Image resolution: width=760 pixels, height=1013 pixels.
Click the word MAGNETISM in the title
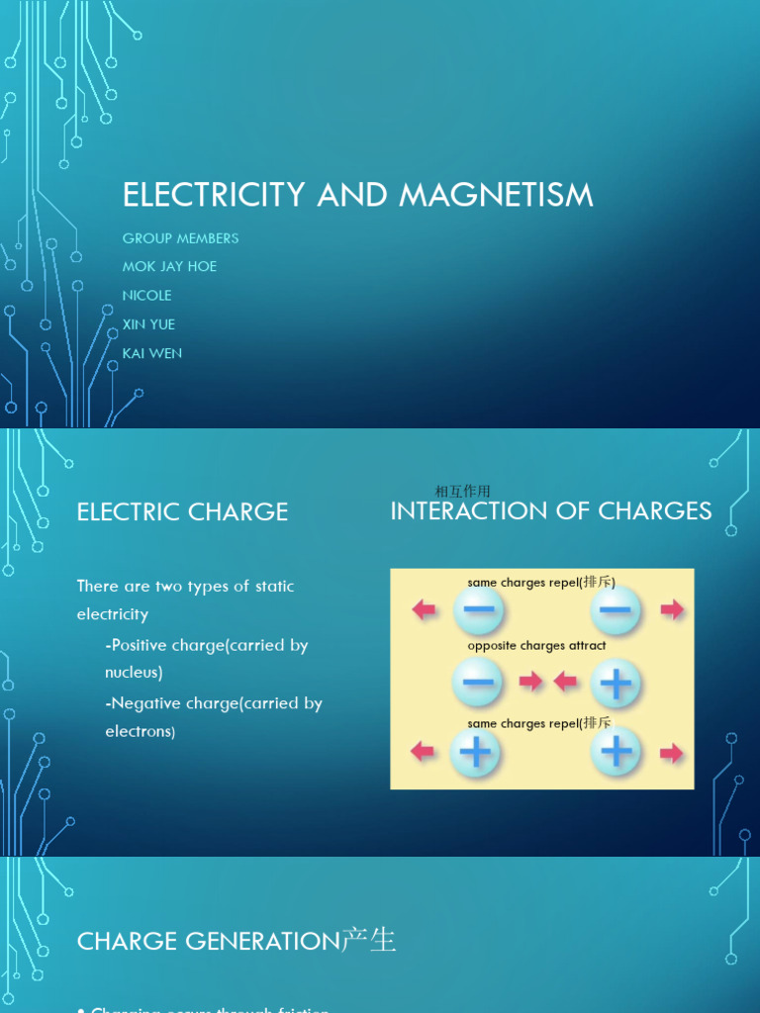pyautogui.click(x=496, y=195)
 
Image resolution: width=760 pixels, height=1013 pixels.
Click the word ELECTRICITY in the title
pyautogui.click(x=214, y=195)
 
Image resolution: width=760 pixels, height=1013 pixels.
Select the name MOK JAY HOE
pyautogui.click(x=169, y=266)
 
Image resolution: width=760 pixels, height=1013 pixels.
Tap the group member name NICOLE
pyautogui.click(x=146, y=295)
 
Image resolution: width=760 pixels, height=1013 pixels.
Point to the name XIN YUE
pyautogui.click(x=148, y=323)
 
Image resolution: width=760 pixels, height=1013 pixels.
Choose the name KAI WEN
pyautogui.click(x=152, y=352)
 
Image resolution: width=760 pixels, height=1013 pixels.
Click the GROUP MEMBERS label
pyautogui.click(x=180, y=237)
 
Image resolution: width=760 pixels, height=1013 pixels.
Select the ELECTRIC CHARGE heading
pyautogui.click(x=182, y=511)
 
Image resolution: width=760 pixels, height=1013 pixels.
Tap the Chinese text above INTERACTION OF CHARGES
pyautogui.click(x=462, y=491)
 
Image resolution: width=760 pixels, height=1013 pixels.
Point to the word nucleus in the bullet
pyautogui.click(x=134, y=673)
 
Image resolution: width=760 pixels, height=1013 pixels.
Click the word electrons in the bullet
pyautogui.click(x=140, y=732)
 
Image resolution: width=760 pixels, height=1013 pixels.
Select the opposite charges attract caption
pyautogui.click(x=536, y=646)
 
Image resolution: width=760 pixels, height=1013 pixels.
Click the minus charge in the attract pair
pyautogui.click(x=477, y=683)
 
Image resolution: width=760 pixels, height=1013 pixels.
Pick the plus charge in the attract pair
pyautogui.click(x=616, y=683)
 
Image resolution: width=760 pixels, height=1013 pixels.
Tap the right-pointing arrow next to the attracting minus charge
pyautogui.click(x=530, y=681)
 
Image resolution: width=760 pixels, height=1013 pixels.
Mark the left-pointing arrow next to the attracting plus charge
pyautogui.click(x=565, y=681)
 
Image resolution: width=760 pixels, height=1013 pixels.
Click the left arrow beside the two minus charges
pyautogui.click(x=425, y=609)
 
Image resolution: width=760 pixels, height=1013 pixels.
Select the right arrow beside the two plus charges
pyautogui.click(x=672, y=754)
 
